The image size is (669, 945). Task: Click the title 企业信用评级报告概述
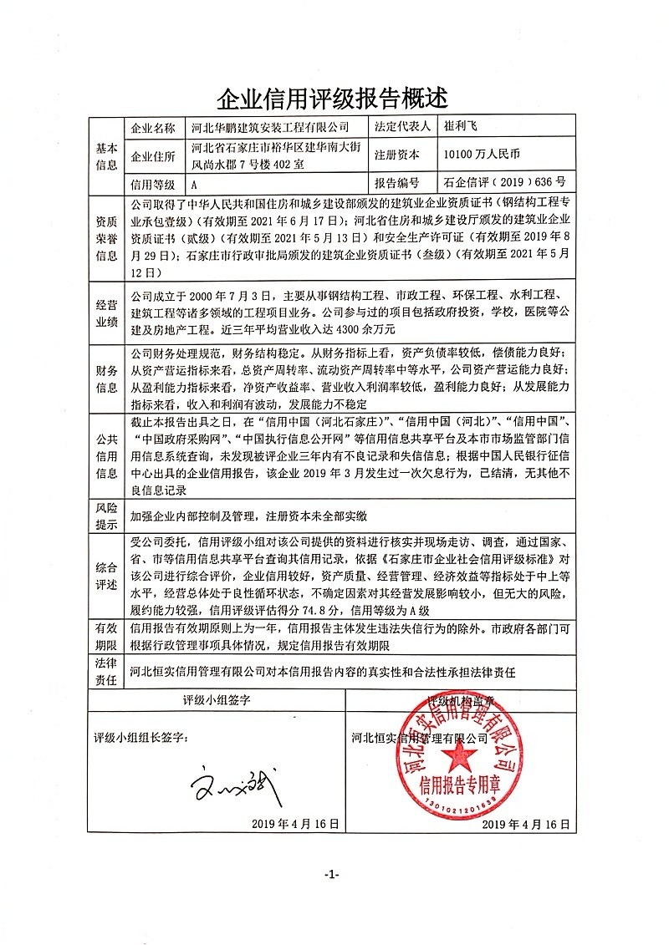click(x=333, y=100)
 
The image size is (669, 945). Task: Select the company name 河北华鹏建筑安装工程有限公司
click(x=269, y=129)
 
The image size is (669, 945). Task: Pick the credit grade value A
click(x=195, y=183)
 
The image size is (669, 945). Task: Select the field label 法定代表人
click(x=403, y=129)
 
